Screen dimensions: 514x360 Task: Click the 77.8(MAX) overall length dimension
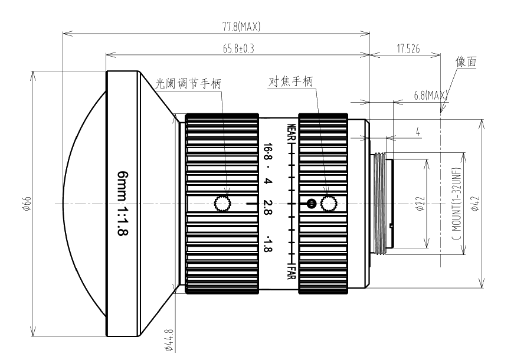[x=241, y=27]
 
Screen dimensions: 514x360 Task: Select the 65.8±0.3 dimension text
[x=238, y=48]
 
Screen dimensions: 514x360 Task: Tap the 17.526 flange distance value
[x=408, y=49]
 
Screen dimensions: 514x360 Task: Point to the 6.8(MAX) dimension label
[x=430, y=96]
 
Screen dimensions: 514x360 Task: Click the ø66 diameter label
[x=27, y=204]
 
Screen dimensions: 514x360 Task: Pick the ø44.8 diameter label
[x=169, y=341]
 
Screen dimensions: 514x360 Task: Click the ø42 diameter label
[x=476, y=204]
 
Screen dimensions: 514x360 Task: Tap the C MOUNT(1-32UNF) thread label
[x=457, y=204]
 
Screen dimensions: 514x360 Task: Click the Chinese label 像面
[x=466, y=61]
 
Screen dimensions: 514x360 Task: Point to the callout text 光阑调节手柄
[x=188, y=83]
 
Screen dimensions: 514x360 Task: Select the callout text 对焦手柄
[x=291, y=81]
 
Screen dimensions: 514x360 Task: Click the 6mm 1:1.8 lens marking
[x=123, y=203]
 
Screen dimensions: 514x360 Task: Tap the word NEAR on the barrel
[x=291, y=133]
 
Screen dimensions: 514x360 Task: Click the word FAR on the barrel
[x=291, y=271]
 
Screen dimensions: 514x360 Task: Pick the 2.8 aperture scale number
[x=267, y=207]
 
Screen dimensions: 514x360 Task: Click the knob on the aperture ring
[x=222, y=204]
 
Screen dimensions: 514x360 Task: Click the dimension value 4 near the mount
[x=418, y=132]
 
